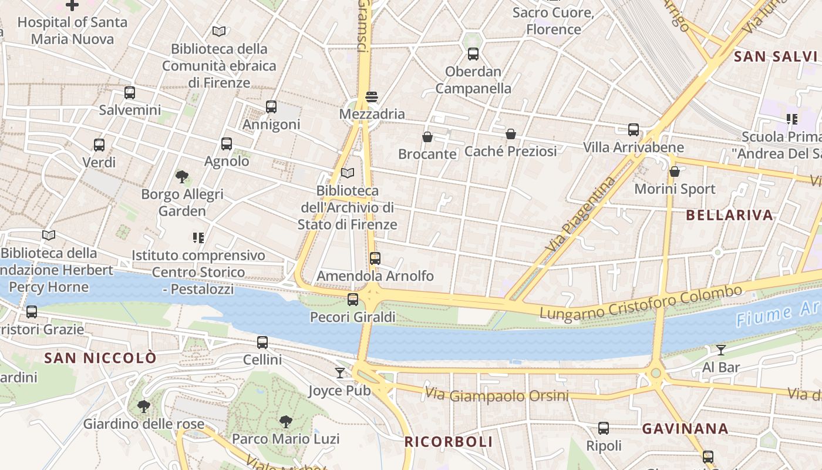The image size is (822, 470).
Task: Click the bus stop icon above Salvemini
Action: point(130,93)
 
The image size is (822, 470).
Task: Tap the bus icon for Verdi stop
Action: point(99,145)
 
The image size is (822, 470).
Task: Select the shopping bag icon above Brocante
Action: point(427,137)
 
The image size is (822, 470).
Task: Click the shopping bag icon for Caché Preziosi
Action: point(511,134)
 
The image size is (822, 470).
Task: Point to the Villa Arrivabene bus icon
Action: point(634,130)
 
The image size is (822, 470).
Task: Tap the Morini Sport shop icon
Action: point(675,172)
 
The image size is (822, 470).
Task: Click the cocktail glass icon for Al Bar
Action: point(721,350)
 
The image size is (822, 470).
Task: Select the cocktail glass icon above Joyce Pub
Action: point(340,373)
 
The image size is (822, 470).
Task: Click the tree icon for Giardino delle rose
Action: point(143,406)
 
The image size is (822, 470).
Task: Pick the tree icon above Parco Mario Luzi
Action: point(286,421)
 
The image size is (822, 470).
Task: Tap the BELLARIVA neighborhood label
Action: point(729,215)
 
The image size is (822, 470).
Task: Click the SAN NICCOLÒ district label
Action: point(100,358)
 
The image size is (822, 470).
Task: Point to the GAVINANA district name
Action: point(685,429)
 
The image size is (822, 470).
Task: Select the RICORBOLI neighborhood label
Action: point(449,442)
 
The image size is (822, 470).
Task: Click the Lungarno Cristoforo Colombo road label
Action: point(641,303)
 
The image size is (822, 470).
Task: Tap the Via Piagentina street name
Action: point(581,215)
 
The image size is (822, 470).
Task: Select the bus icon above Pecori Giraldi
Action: point(353,300)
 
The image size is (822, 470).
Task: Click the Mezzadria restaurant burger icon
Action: point(372,96)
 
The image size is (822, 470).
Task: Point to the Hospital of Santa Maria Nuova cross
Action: point(72,5)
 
